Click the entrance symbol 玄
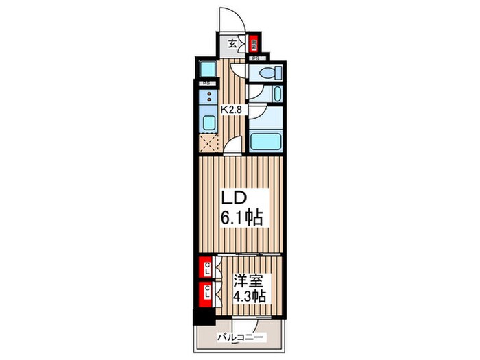(232, 43)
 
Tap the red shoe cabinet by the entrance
(253, 43)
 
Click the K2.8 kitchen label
(230, 108)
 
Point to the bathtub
(265, 142)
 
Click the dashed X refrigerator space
(208, 143)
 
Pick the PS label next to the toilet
(255, 59)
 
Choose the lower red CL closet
(205, 293)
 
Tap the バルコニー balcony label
(240, 336)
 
